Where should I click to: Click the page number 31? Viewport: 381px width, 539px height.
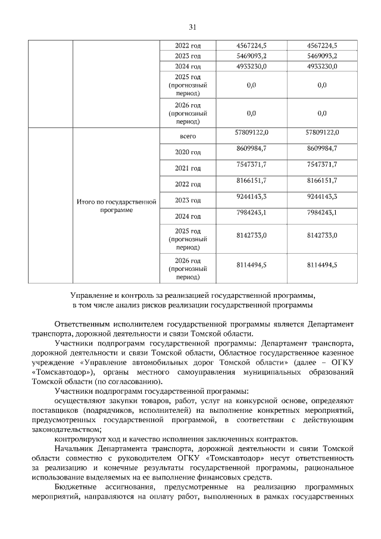[x=192, y=27]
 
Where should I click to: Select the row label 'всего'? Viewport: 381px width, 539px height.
[x=188, y=136]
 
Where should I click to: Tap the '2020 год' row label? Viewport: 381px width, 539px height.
[x=188, y=152]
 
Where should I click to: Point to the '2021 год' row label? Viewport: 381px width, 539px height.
[x=188, y=169]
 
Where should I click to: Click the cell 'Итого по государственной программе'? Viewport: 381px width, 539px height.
[x=117, y=206]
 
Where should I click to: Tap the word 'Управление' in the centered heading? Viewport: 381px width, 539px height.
[x=90, y=295]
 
